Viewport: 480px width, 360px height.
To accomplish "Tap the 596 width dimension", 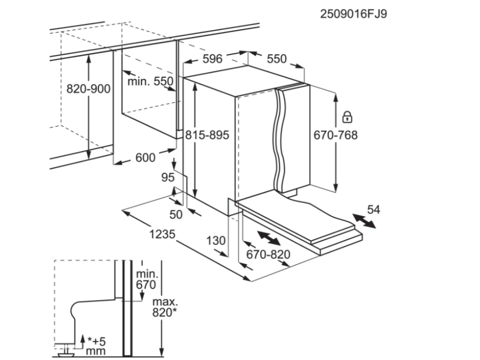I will [212, 59].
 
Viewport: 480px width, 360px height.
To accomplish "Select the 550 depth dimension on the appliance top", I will [276, 59].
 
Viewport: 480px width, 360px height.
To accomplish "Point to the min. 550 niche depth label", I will [150, 82].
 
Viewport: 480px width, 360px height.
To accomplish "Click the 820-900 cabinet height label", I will [88, 89].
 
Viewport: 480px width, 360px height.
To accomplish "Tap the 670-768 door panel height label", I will [335, 135].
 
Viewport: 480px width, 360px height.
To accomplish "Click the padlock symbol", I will [347, 116].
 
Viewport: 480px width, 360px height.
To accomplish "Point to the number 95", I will [167, 178].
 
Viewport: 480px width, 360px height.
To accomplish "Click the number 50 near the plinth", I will [176, 215].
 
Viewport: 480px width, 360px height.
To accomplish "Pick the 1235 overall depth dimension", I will [162, 233].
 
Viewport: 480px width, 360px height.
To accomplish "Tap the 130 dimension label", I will [216, 241].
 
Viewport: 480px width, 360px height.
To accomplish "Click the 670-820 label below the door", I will [268, 255].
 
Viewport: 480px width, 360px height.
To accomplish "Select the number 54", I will [373, 210].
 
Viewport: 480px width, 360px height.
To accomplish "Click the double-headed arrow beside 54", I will [364, 221].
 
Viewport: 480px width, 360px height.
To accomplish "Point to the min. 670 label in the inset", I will [146, 279].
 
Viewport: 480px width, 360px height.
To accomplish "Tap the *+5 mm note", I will [96, 345].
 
